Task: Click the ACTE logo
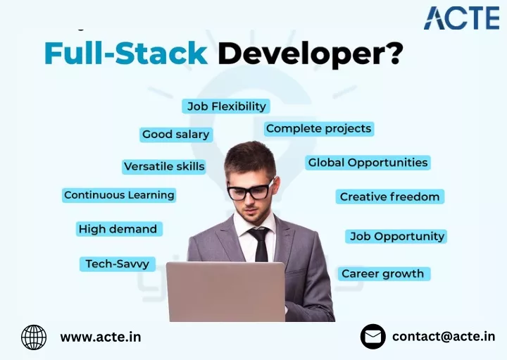(x=461, y=18)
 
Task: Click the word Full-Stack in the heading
(x=126, y=53)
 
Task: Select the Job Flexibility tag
(x=226, y=106)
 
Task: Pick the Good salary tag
(x=176, y=135)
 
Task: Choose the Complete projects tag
(x=319, y=129)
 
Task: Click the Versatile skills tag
(x=164, y=166)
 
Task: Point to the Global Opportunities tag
(x=368, y=162)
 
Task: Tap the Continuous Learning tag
(x=119, y=195)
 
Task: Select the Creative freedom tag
(x=390, y=197)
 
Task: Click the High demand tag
(x=119, y=229)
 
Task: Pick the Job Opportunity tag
(x=396, y=237)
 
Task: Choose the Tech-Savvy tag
(x=118, y=264)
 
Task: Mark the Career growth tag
(x=384, y=274)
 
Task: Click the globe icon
(x=34, y=337)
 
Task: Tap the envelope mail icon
(x=373, y=337)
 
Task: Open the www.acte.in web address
(x=101, y=337)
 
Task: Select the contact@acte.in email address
(x=444, y=337)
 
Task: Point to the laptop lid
(x=226, y=292)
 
